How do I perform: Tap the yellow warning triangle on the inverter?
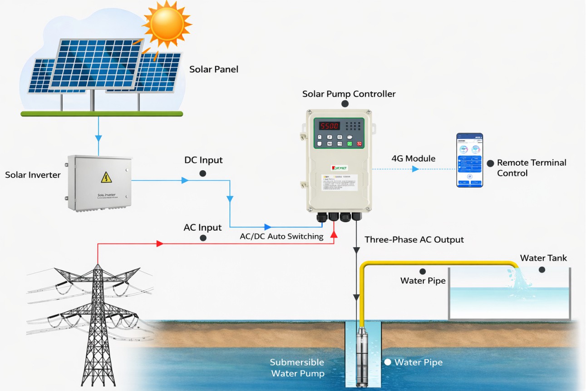click(106, 177)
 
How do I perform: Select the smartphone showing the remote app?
click(469, 160)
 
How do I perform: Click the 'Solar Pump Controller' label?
click(349, 94)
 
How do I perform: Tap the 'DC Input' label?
click(203, 160)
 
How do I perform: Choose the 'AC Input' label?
click(202, 227)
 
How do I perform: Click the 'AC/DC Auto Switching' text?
click(281, 236)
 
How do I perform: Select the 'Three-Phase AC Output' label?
click(414, 239)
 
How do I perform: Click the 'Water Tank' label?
click(543, 258)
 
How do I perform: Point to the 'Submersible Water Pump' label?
click(297, 368)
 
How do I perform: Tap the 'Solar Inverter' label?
click(33, 175)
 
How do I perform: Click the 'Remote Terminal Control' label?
click(532, 168)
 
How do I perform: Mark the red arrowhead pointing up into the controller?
click(334, 234)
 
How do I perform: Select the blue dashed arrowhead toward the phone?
click(415, 169)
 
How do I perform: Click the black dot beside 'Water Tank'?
click(542, 270)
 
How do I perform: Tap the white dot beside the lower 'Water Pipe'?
click(388, 362)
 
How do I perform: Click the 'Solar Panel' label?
click(214, 69)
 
